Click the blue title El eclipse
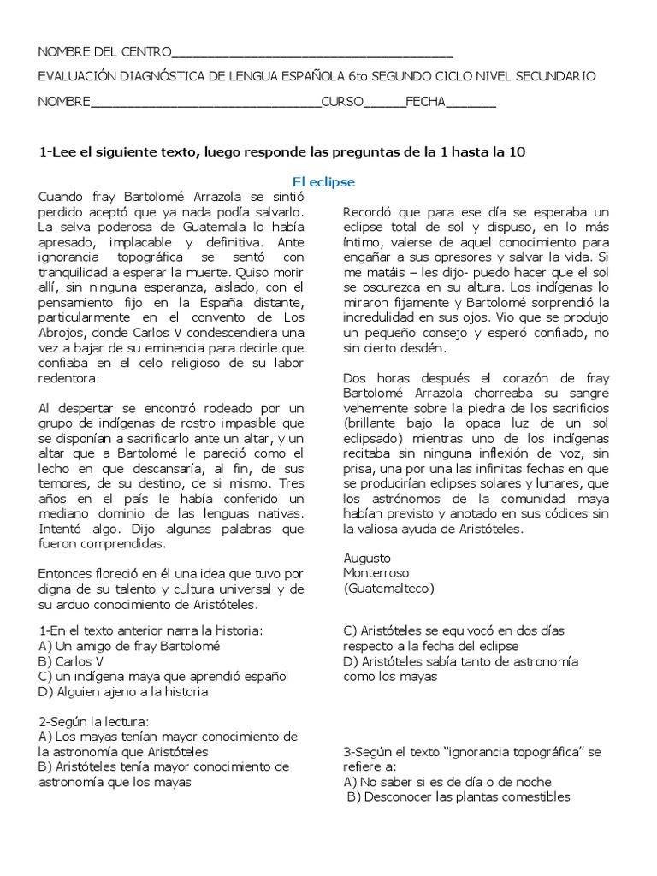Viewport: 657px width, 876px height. point(323,182)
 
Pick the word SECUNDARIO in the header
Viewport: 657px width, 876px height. point(557,77)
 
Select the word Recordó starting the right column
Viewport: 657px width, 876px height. point(369,211)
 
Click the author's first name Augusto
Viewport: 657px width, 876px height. point(367,557)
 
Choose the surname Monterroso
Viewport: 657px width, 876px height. point(376,572)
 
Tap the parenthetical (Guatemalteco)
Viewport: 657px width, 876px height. point(388,588)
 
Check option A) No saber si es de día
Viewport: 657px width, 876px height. point(447,782)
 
